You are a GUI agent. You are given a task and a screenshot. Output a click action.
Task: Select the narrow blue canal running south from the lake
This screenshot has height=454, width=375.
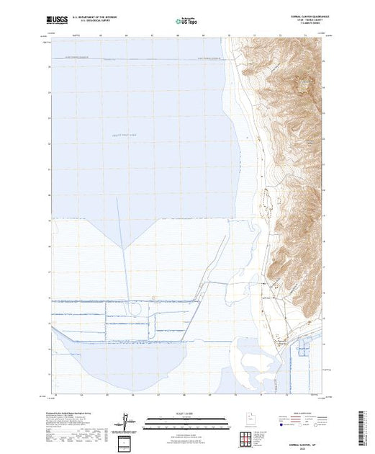tap(127, 274)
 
